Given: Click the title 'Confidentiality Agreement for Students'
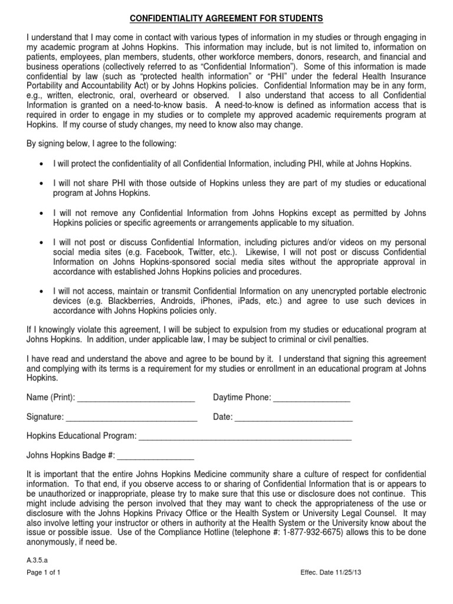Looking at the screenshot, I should pos(226,19).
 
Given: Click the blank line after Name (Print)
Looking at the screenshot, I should pos(136,398).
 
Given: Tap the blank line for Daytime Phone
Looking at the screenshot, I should pos(311,398).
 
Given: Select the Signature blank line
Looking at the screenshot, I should pos(132,418).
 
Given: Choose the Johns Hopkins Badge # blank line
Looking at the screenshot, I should pos(156,456).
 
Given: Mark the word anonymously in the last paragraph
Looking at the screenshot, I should pos(55,543).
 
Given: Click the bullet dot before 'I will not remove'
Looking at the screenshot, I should pos(40,214).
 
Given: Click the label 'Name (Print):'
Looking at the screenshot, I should pos(51,398).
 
